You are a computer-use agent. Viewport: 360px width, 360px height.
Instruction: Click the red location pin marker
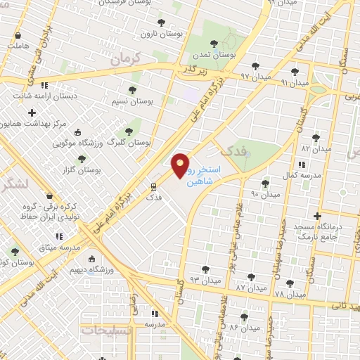[181, 165]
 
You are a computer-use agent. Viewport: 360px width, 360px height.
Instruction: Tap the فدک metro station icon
[153, 186]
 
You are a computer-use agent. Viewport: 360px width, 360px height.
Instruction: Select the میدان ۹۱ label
[295, 82]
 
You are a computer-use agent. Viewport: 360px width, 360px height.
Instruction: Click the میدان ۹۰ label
[265, 193]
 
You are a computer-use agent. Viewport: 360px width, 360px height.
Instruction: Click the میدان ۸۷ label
[251, 288]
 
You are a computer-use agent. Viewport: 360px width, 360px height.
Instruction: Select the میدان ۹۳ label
[205, 280]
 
